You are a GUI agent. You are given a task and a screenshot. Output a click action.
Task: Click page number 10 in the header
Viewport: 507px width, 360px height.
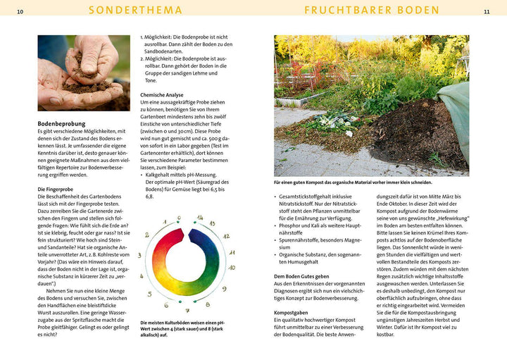[x=20, y=12]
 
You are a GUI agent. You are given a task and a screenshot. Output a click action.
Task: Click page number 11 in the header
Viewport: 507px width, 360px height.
[x=487, y=12]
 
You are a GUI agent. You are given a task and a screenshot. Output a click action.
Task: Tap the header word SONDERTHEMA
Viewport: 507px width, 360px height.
[x=136, y=11]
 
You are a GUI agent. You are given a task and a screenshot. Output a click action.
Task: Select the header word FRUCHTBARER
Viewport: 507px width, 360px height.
[x=346, y=11]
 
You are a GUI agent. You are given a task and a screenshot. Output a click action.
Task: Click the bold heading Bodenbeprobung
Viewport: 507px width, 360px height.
[x=61, y=123]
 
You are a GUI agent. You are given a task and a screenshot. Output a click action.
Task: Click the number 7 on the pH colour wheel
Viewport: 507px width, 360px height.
[x=187, y=310]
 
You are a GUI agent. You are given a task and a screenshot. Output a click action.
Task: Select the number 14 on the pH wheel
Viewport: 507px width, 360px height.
[x=200, y=218]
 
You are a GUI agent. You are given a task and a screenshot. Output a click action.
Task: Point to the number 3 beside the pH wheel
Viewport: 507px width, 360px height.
[x=139, y=255]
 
